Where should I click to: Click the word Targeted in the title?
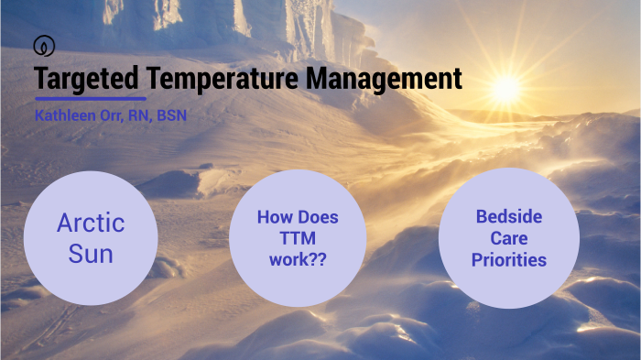click(87, 80)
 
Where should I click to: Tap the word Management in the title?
click(384, 80)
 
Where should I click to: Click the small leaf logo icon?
click(42, 45)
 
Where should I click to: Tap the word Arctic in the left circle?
click(91, 223)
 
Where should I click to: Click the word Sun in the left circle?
click(91, 252)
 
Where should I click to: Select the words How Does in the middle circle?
click(298, 218)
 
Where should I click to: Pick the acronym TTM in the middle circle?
click(298, 239)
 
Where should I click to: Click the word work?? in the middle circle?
click(298, 260)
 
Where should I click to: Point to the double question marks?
click(320, 260)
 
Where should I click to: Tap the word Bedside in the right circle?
click(509, 217)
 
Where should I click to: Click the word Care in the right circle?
click(509, 238)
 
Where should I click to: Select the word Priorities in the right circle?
click(509, 260)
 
